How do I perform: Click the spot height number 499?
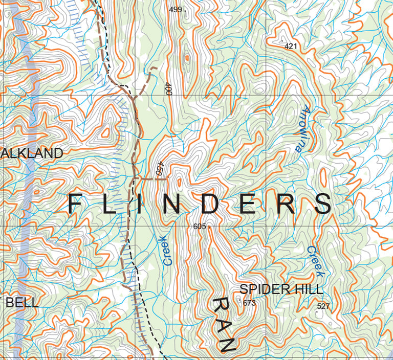pos(175,9)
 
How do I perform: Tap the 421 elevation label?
pos(291,47)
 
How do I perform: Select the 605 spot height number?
pos(200,226)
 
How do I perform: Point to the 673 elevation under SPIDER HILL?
pos(249,303)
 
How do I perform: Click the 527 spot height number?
pos(323,306)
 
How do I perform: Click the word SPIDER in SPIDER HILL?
pos(265,289)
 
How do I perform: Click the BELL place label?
pos(22,302)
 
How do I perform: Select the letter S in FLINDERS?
pos(323,205)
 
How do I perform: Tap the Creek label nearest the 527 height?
pos(314,261)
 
